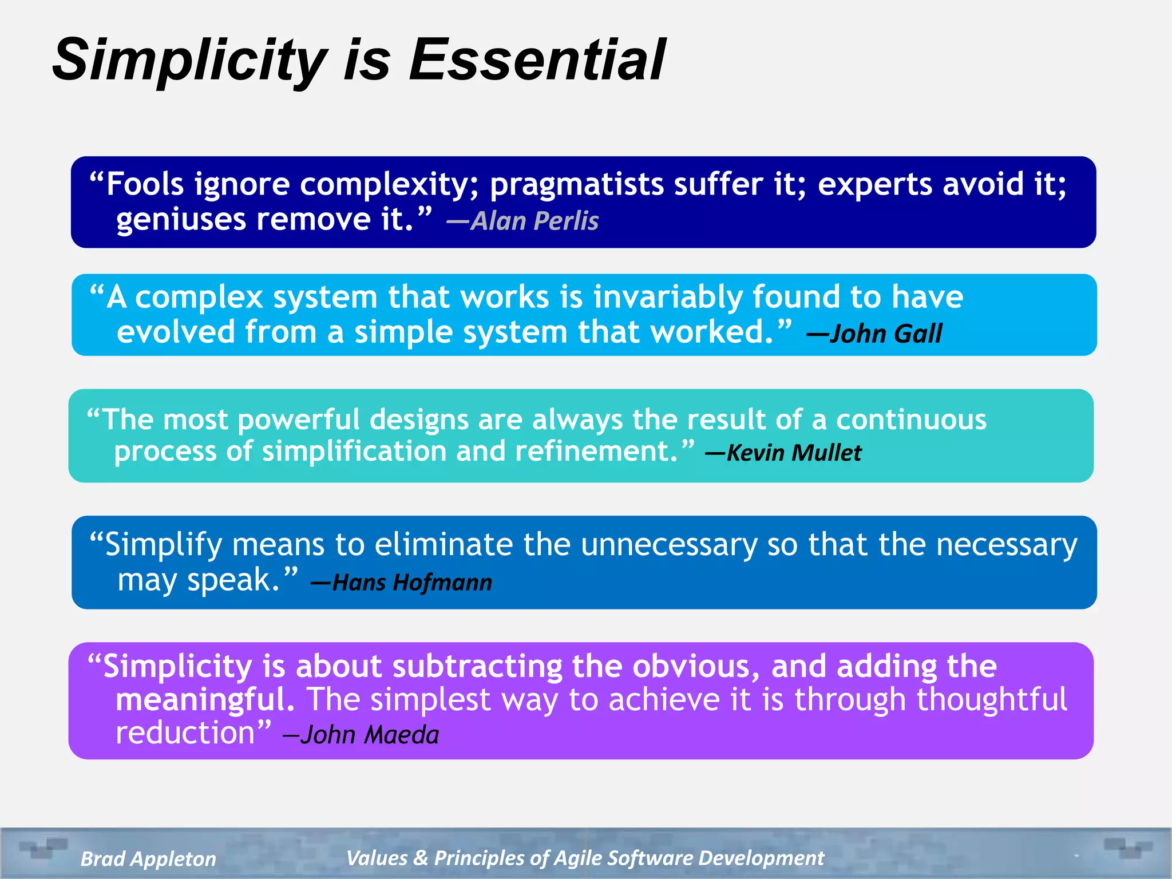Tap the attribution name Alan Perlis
click(x=534, y=221)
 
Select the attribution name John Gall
click(x=885, y=334)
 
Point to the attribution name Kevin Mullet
click(x=793, y=453)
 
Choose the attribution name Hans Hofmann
click(x=411, y=583)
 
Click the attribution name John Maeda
click(x=369, y=735)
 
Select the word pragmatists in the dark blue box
click(x=576, y=185)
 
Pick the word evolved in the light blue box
click(x=176, y=332)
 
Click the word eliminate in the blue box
click(x=444, y=544)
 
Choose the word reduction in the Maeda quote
click(x=185, y=733)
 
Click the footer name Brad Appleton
click(x=148, y=858)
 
